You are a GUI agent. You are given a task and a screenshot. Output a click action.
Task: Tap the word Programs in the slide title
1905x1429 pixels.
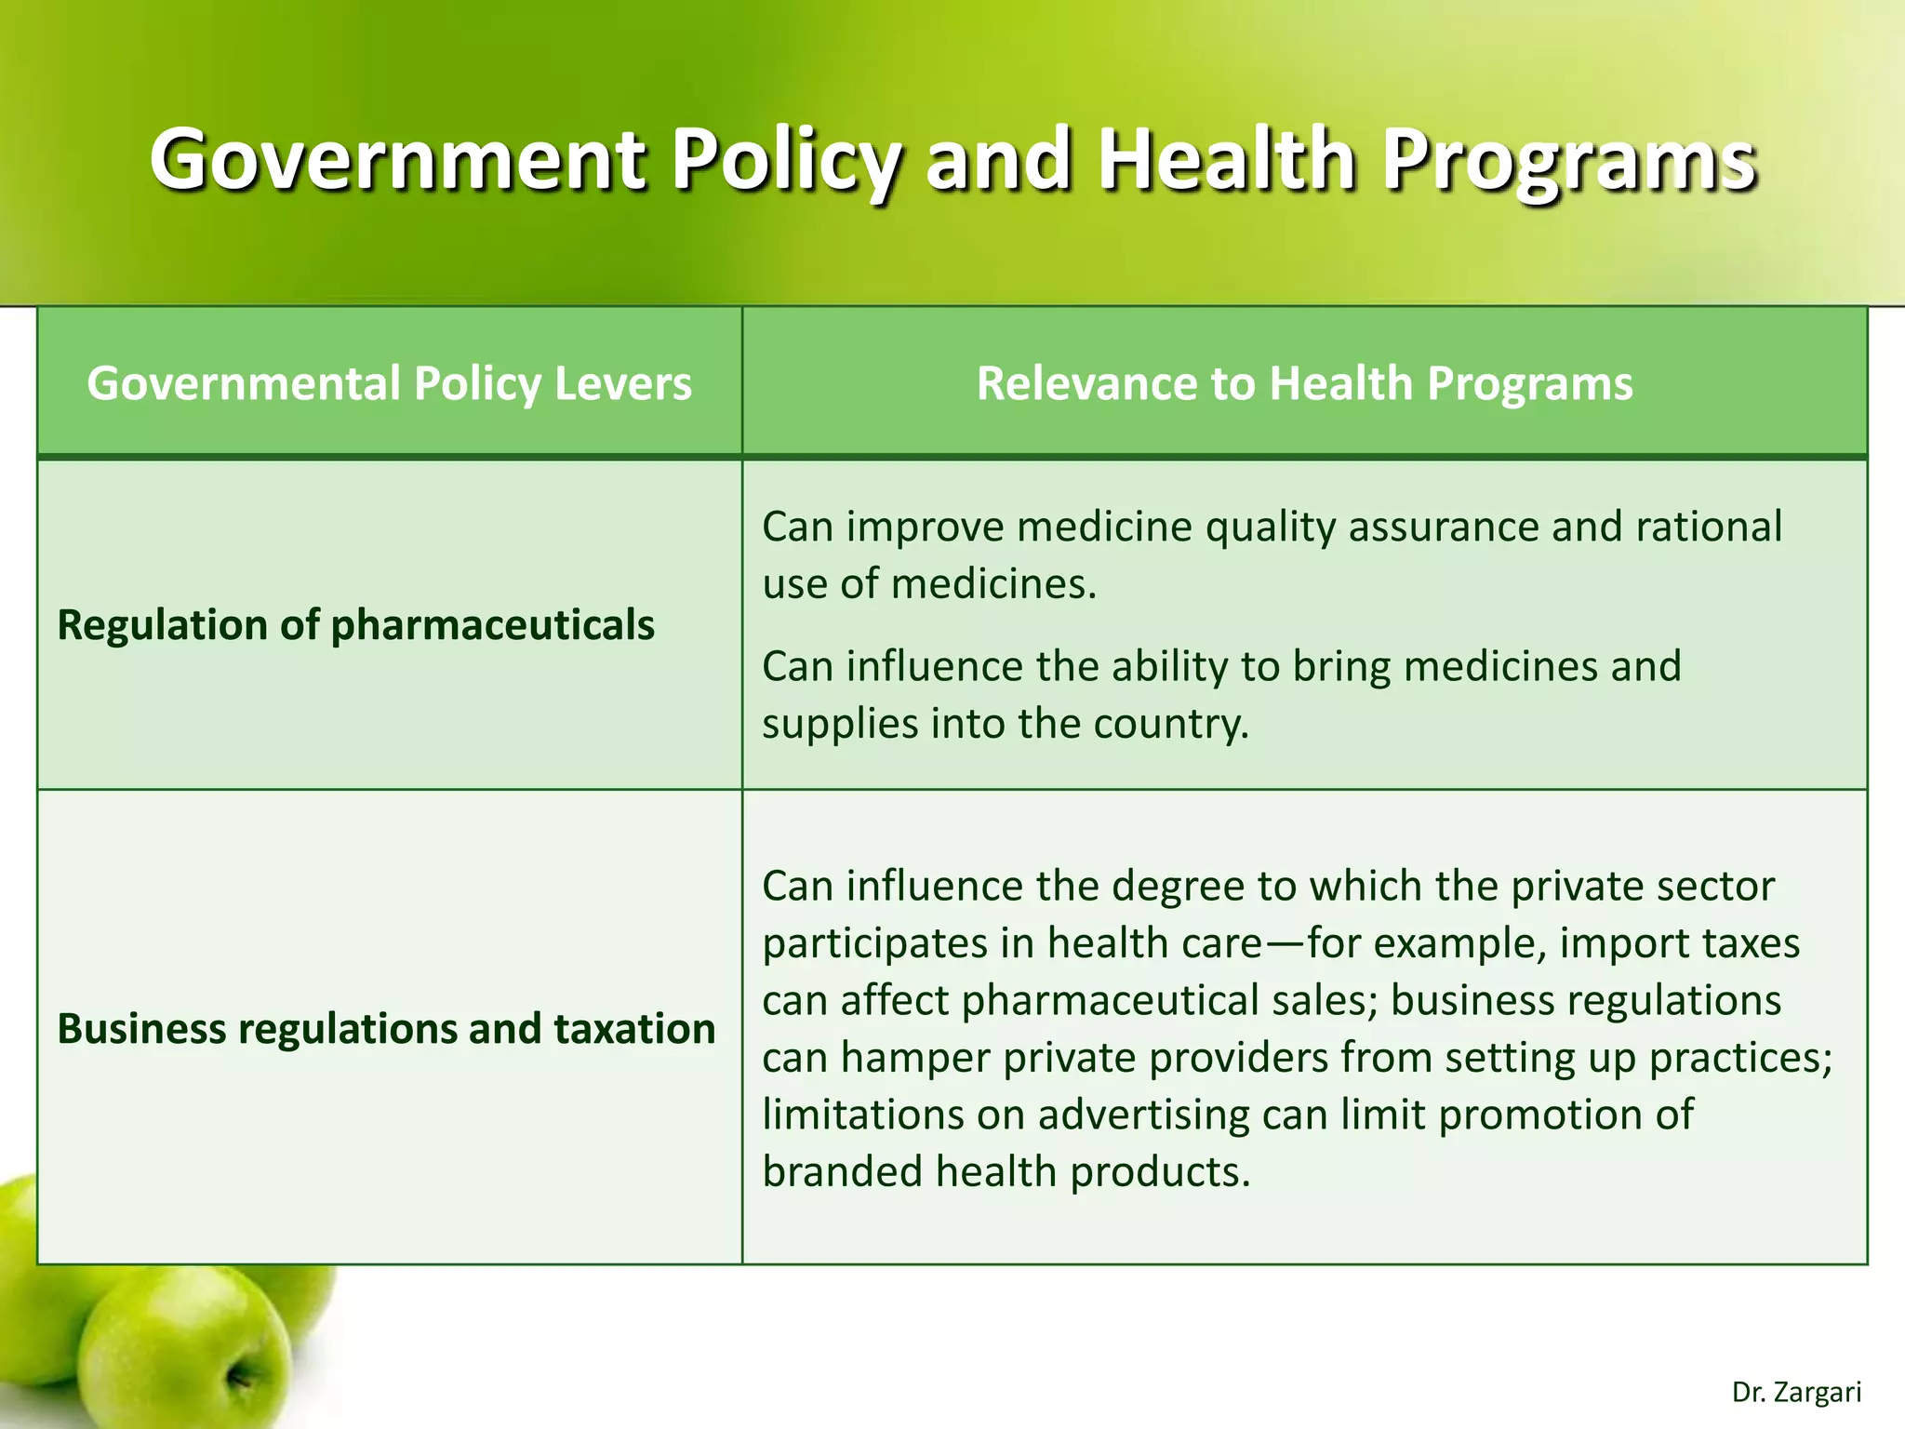pos(1568,160)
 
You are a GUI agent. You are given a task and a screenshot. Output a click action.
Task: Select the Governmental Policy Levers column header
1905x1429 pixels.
pos(389,383)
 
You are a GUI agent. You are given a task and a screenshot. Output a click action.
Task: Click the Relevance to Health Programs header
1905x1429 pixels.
pos(1304,383)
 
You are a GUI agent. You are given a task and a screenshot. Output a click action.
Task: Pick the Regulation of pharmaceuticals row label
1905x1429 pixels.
pos(355,624)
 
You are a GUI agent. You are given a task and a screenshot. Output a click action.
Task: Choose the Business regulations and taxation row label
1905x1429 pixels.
pos(386,1028)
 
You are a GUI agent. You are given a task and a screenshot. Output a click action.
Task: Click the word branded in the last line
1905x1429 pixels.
pos(842,1171)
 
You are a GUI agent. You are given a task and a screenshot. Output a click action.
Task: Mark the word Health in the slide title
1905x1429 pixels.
pos(1226,160)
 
